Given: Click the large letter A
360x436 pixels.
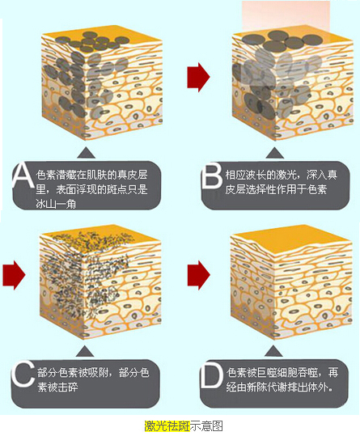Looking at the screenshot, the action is tap(23, 176).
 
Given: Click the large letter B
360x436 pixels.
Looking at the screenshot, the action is tap(212, 176).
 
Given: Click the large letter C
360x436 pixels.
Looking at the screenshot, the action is tap(23, 374).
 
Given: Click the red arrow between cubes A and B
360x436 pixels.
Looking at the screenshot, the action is tap(198, 77).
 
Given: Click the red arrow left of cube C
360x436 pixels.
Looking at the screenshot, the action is tap(15, 275).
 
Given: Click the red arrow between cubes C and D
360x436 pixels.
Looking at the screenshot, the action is tap(198, 275).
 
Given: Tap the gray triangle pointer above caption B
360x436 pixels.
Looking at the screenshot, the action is tap(275, 153).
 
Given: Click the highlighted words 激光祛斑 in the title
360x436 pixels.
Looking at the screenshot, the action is tap(167, 425).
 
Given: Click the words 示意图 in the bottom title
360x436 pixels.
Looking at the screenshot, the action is tap(206, 425).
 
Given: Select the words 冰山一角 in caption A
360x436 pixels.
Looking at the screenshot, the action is tap(56, 205).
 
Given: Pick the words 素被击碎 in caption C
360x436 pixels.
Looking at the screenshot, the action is tap(57, 387).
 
